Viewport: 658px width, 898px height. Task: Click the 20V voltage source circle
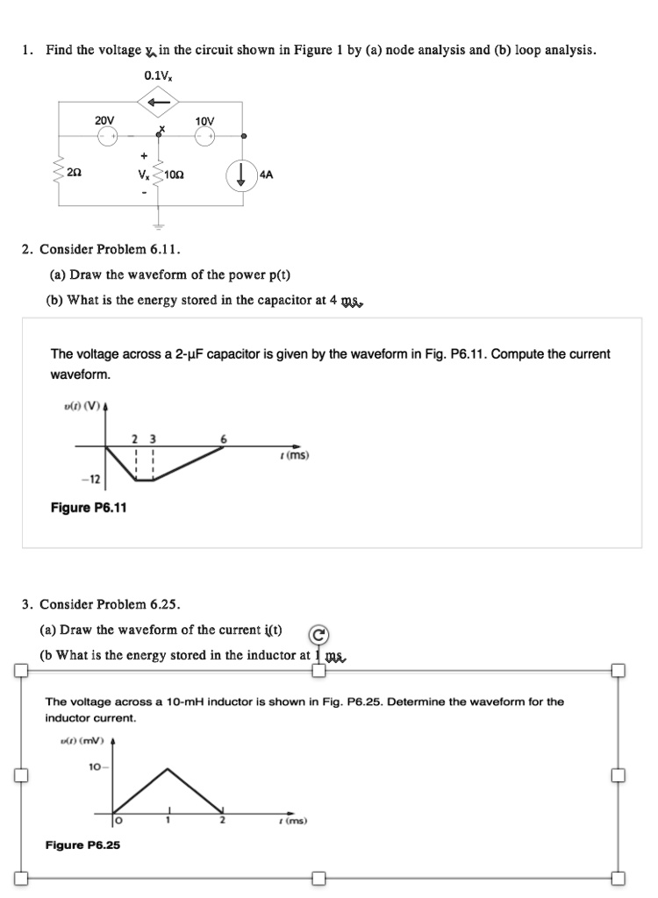coord(107,136)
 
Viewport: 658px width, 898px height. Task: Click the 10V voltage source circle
coord(204,136)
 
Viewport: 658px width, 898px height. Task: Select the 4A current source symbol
coord(240,175)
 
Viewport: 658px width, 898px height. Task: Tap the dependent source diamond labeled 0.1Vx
coord(159,104)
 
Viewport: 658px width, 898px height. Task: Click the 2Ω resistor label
coord(76,175)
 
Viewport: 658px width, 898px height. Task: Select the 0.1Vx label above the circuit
coord(158,76)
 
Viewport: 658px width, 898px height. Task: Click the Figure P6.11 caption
coord(88,508)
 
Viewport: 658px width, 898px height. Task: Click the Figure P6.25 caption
coord(82,845)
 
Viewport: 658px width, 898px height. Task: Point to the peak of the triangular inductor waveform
coord(168,768)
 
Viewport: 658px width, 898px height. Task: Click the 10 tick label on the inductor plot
coord(93,767)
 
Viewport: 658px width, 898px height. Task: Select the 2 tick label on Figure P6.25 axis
coord(223,822)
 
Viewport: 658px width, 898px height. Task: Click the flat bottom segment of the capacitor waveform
coord(144,480)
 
